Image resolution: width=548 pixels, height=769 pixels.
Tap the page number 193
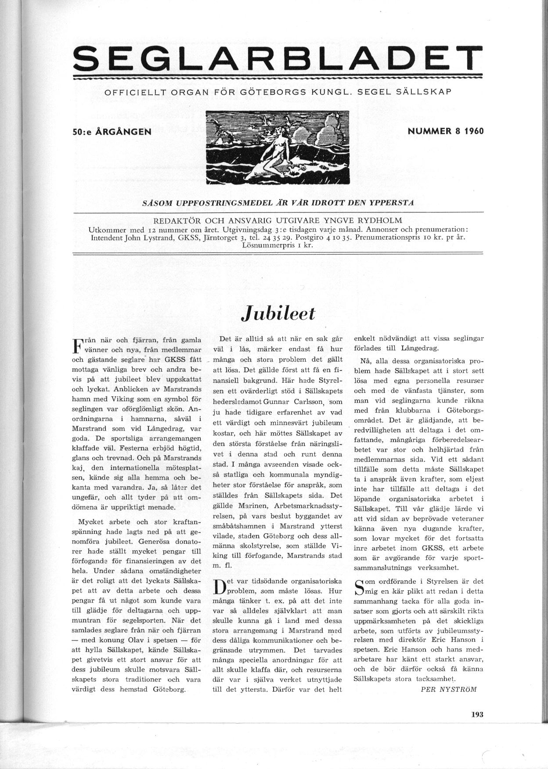(x=477, y=714)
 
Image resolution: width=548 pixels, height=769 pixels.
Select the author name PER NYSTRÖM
(x=448, y=689)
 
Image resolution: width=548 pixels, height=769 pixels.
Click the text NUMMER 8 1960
(x=446, y=131)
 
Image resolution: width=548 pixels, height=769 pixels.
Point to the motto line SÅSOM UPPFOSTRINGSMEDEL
(x=278, y=202)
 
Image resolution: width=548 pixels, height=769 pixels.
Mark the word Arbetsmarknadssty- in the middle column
(x=312, y=506)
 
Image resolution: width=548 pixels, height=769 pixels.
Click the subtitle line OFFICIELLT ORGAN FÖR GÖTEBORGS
(x=278, y=93)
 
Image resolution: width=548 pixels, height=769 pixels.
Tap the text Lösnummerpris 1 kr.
(x=277, y=246)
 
